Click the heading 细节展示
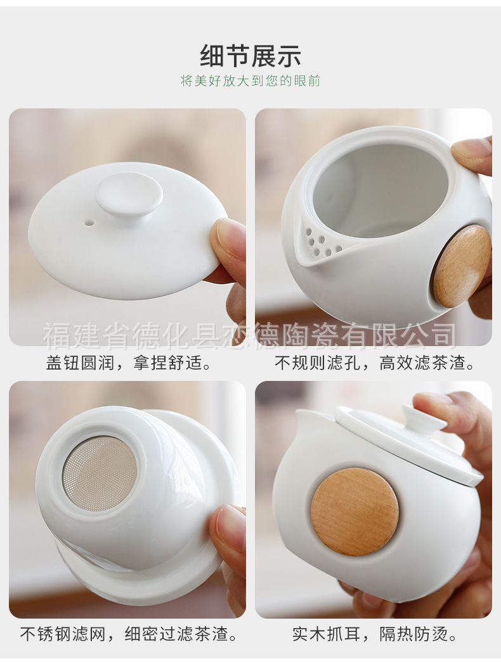[251, 56]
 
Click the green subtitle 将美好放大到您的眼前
[251, 81]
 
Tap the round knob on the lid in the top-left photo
[129, 194]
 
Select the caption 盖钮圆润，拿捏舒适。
[129, 363]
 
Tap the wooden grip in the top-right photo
[461, 266]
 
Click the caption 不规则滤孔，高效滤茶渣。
[375, 363]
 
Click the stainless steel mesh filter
[99, 473]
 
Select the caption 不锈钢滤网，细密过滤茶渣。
[129, 634]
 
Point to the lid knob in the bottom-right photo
[417, 418]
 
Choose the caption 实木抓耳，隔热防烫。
[375, 634]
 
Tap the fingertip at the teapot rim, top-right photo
[472, 155]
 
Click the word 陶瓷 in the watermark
[317, 335]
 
